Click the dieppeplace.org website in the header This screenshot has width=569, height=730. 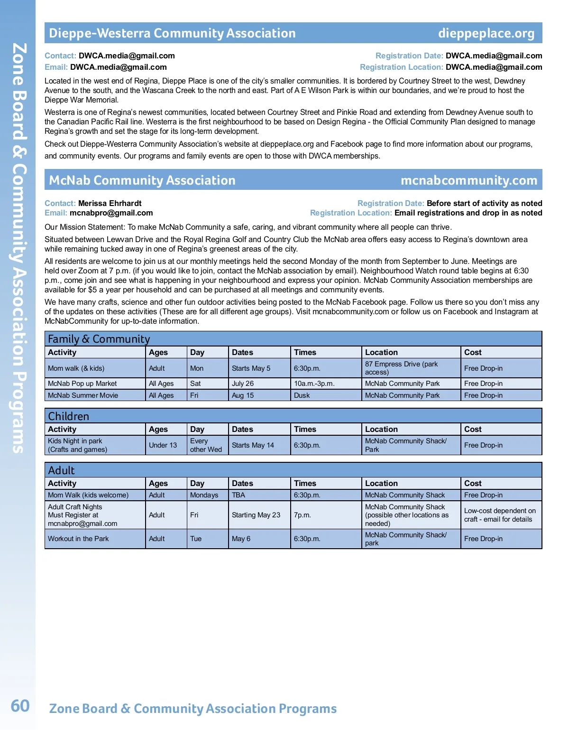(x=486, y=33)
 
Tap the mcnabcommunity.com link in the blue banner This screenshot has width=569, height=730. (x=468, y=180)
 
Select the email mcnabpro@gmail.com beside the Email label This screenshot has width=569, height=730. (x=111, y=213)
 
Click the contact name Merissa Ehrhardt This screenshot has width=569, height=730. (x=110, y=204)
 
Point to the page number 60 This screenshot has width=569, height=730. (x=20, y=706)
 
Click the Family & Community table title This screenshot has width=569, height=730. (x=99, y=339)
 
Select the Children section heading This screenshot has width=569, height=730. (x=69, y=416)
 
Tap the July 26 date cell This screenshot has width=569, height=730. (x=243, y=384)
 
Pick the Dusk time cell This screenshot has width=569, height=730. (x=302, y=395)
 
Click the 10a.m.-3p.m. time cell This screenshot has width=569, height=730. (x=314, y=384)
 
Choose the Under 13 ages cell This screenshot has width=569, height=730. (x=163, y=445)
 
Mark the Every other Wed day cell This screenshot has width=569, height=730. (x=206, y=445)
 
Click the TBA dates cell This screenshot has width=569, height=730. (x=239, y=495)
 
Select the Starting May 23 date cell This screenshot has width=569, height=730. (x=256, y=515)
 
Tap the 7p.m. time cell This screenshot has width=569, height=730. (x=303, y=515)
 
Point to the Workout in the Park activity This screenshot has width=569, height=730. (x=78, y=539)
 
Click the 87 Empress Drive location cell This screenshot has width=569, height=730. (x=401, y=368)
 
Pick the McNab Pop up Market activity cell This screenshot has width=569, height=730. (x=82, y=384)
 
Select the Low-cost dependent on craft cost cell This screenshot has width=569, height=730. (x=500, y=515)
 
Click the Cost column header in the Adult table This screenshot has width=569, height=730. (x=473, y=483)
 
